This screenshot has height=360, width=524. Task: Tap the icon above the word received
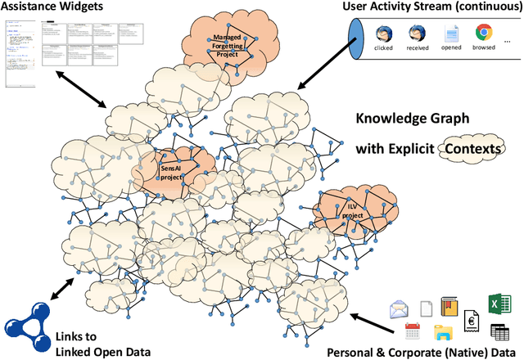pyautogui.click(x=416, y=34)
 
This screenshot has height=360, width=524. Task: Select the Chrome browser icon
pyautogui.click(x=484, y=34)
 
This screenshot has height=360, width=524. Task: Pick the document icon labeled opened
pyautogui.click(x=451, y=34)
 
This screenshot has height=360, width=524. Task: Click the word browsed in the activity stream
pyautogui.click(x=484, y=48)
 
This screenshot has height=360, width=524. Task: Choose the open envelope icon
pyautogui.click(x=400, y=310)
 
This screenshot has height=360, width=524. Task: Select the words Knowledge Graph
pyautogui.click(x=412, y=119)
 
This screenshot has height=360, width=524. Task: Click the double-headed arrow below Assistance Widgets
pyautogui.click(x=81, y=88)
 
